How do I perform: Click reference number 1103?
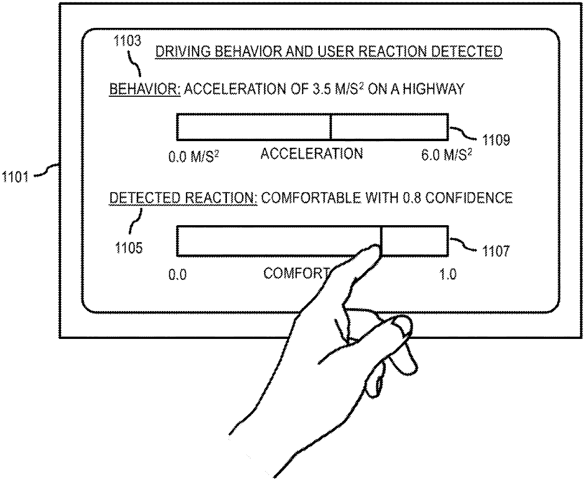[127, 41]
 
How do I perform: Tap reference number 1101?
[14, 178]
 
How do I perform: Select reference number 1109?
[495, 140]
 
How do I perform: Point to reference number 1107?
[495, 251]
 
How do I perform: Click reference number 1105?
[129, 247]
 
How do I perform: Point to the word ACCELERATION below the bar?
[312, 153]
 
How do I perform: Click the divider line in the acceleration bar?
[331, 127]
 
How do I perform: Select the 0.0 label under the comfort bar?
[177, 275]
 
